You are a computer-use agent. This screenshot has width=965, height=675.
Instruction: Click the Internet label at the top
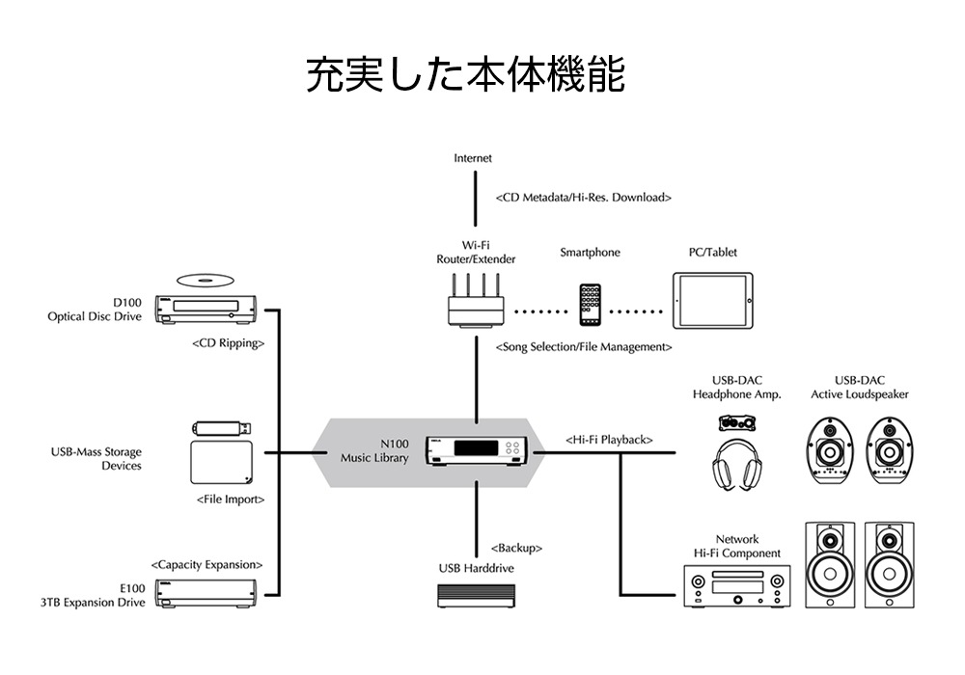pos(473,158)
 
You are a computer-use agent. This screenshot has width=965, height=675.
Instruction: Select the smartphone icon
pos(592,305)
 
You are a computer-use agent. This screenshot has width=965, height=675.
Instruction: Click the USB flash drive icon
pos(224,427)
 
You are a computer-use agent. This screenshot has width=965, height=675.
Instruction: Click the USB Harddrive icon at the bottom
pos(476,598)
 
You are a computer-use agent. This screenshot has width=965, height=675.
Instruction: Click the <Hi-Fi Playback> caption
pos(609,440)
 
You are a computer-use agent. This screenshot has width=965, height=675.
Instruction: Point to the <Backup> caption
pos(516,548)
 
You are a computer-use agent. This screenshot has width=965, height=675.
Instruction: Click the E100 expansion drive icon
pos(209,592)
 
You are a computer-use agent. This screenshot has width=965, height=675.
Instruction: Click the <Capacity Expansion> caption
pos(207,564)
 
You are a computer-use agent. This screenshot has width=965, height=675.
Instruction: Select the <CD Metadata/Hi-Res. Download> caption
pos(584,198)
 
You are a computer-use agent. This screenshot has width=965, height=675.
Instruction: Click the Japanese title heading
pos(465,75)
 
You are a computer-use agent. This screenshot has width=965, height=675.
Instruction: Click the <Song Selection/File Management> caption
pos(584,346)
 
